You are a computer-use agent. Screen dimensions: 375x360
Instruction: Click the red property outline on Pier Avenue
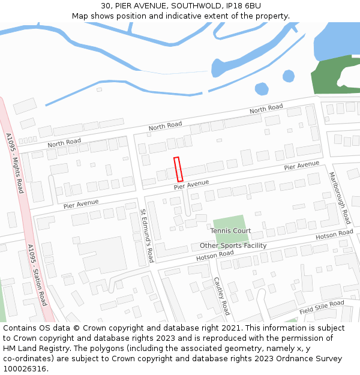point(178,169)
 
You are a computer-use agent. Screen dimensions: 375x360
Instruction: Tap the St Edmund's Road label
point(147,236)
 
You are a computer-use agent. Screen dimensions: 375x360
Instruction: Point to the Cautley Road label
point(221,296)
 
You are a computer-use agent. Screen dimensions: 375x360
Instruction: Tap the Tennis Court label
point(230,231)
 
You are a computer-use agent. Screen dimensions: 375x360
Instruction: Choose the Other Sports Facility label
point(233,245)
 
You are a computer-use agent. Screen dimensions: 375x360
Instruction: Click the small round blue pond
point(262,89)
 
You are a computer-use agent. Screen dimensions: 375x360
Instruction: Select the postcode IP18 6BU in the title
point(241,6)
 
